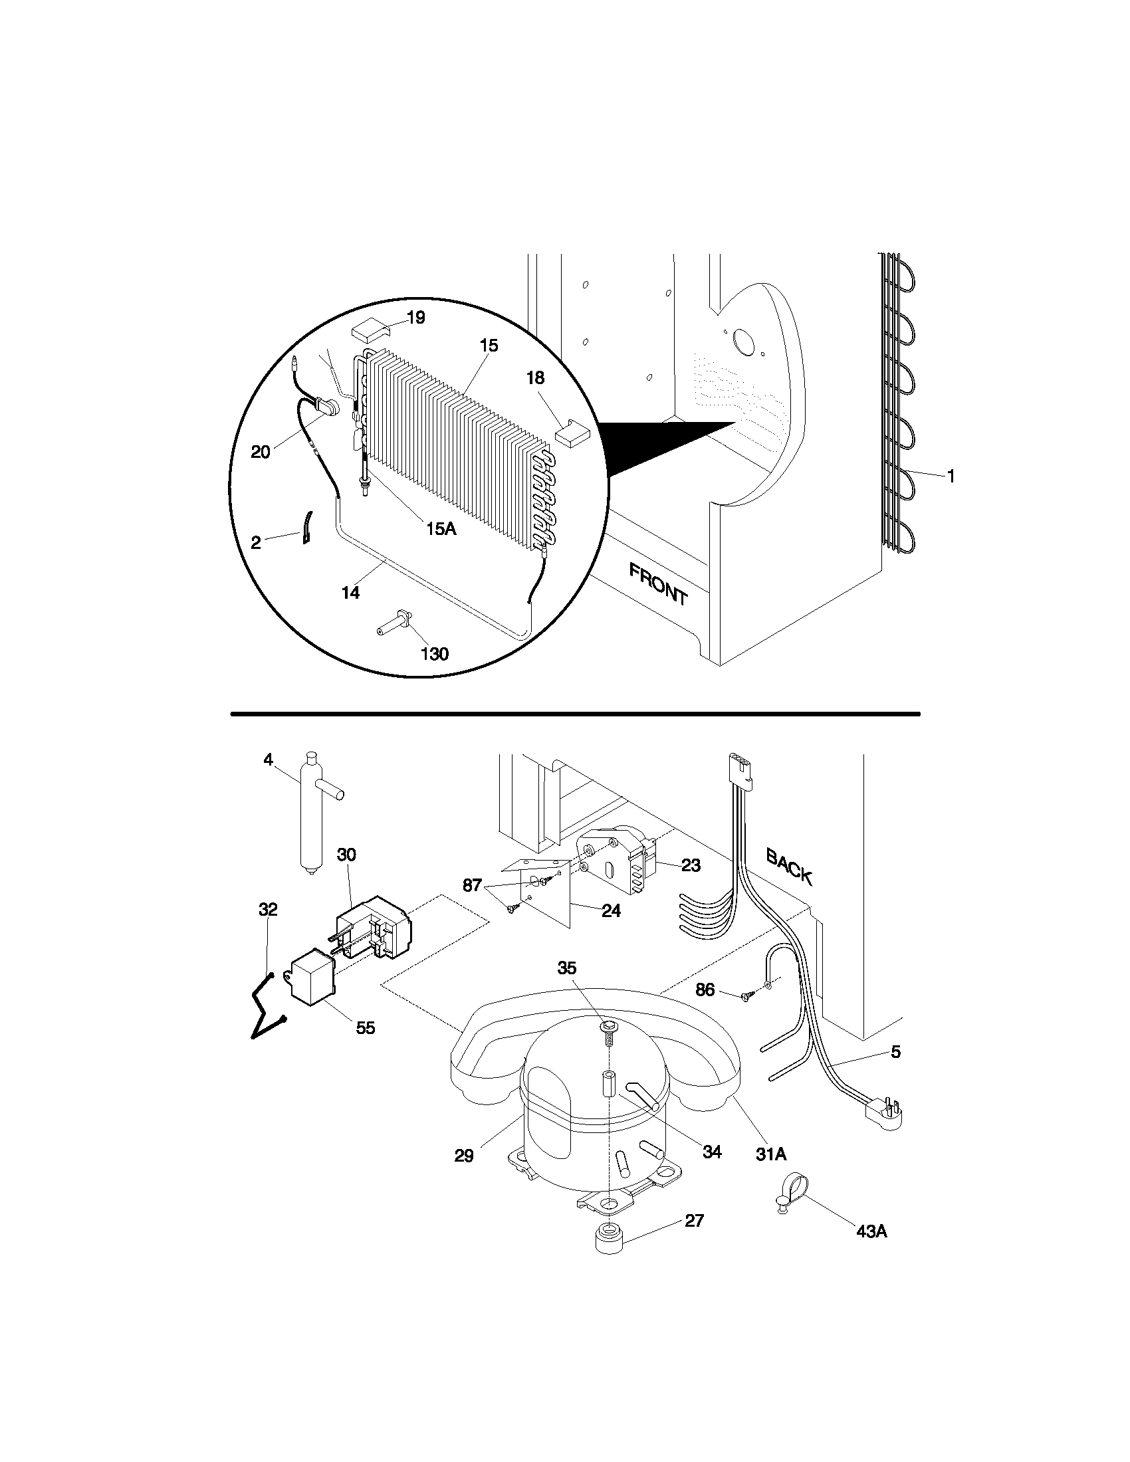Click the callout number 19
(x=415, y=317)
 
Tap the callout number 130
(x=435, y=653)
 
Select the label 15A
(x=441, y=529)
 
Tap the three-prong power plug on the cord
(x=885, y=1113)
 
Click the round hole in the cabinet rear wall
(x=743, y=342)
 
